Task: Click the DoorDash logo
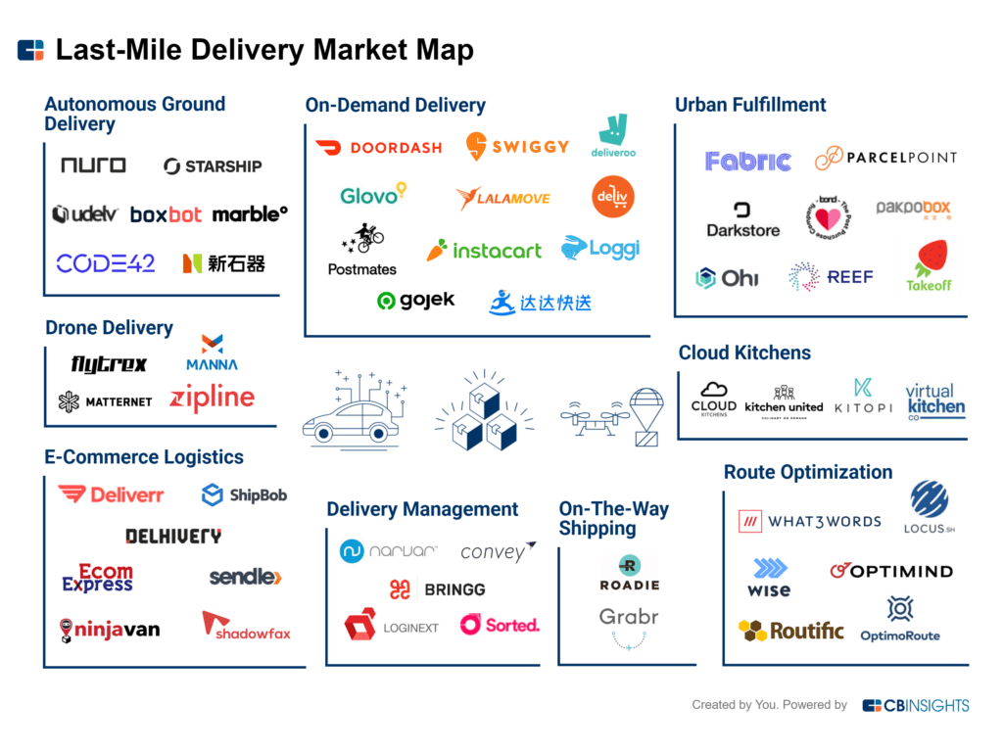(378, 148)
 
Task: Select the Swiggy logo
(517, 147)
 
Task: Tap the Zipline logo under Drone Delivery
(212, 398)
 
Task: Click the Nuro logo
(93, 165)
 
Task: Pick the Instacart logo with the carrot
(484, 251)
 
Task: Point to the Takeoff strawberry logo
(929, 266)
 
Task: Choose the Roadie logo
(629, 574)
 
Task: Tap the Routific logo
(791, 631)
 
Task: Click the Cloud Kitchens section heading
(744, 352)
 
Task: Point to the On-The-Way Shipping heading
(614, 519)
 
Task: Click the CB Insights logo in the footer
(916, 705)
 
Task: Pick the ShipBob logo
(244, 495)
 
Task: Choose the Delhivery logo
(173, 536)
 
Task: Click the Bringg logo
(437, 589)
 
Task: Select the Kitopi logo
(863, 396)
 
